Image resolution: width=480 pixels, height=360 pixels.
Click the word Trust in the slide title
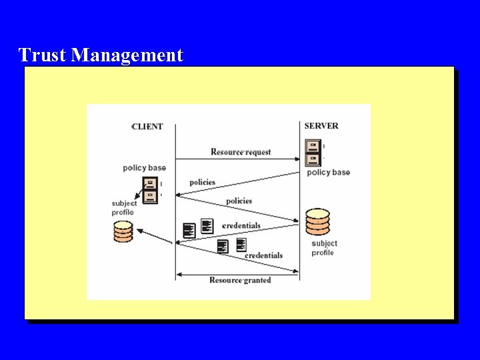[x=43, y=55]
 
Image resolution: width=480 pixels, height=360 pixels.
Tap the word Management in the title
[x=127, y=55]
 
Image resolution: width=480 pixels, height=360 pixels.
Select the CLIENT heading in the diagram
[x=147, y=127]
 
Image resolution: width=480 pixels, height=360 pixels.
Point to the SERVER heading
[x=321, y=125]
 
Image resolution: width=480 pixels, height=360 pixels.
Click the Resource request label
[x=241, y=152]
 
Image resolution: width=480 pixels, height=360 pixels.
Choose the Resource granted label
[x=240, y=280]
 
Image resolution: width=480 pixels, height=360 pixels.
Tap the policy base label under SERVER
[x=328, y=173]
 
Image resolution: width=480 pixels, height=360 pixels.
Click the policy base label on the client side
[x=144, y=168]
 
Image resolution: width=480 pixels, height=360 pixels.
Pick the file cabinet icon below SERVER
[x=313, y=153]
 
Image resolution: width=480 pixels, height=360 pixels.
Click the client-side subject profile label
[x=124, y=208]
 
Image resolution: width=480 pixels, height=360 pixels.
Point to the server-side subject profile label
[x=324, y=248]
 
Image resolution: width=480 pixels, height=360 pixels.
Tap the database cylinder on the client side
[x=123, y=231]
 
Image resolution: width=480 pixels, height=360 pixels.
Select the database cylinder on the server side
[x=317, y=221]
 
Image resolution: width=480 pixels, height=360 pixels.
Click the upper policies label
[x=202, y=183]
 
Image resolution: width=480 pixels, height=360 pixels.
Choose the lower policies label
[x=239, y=201]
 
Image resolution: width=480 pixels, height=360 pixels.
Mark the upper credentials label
[x=241, y=226]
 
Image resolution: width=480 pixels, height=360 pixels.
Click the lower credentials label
[x=263, y=255]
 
